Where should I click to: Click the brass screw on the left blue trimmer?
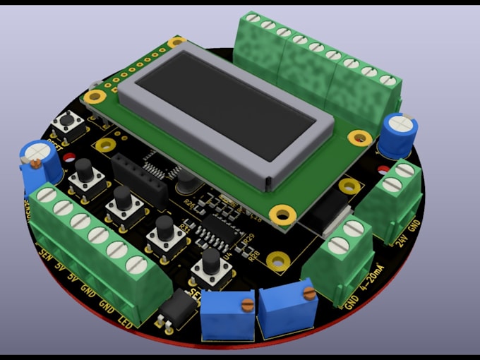click(x=246, y=305)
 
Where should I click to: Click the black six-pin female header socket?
click(x=138, y=179)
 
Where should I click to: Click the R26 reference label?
click(x=188, y=203)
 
